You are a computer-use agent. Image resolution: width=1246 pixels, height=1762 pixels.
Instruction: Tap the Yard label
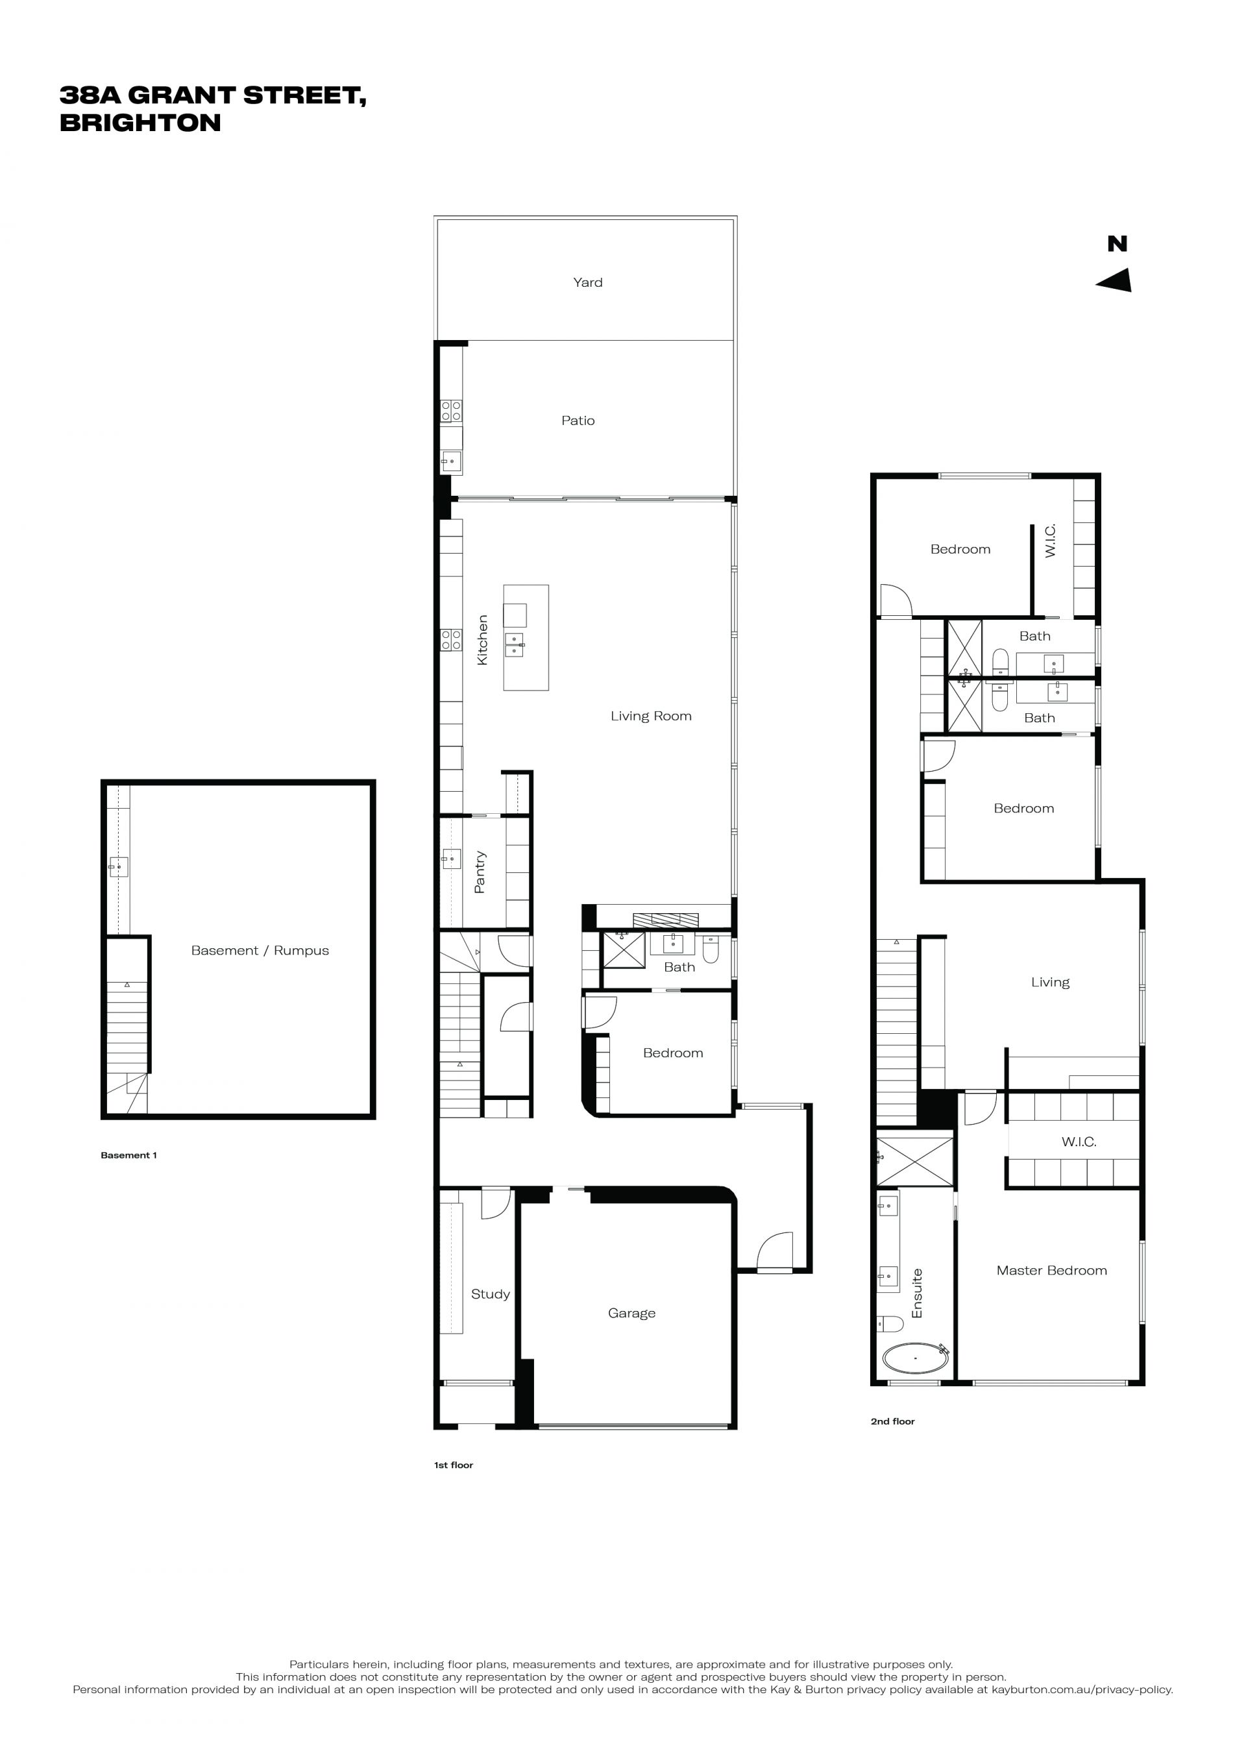pyautogui.click(x=588, y=282)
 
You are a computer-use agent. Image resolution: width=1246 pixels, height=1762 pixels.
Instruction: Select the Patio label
pyautogui.click(x=578, y=421)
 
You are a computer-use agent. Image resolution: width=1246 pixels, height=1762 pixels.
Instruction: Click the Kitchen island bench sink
pyautogui.click(x=514, y=644)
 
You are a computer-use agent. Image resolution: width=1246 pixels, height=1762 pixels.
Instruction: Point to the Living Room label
pyautogui.click(x=651, y=716)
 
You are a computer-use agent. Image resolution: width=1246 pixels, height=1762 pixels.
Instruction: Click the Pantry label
pyautogui.click(x=480, y=872)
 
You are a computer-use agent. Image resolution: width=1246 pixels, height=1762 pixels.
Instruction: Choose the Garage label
pyautogui.click(x=631, y=1313)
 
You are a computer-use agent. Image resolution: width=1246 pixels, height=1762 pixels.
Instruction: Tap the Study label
pyautogui.click(x=490, y=1294)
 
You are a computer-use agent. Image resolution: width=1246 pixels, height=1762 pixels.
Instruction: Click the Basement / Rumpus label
pyautogui.click(x=260, y=950)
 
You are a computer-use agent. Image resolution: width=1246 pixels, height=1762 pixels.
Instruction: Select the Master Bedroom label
pyautogui.click(x=1051, y=1270)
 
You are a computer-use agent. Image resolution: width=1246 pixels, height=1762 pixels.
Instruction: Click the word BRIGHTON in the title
pyautogui.click(x=140, y=123)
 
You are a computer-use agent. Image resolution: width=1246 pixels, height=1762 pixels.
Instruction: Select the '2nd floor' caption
pyautogui.click(x=892, y=1421)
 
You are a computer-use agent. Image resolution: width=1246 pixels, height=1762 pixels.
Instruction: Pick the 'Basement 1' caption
pyautogui.click(x=129, y=1155)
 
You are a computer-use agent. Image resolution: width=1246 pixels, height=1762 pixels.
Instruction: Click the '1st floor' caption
pyautogui.click(x=454, y=1465)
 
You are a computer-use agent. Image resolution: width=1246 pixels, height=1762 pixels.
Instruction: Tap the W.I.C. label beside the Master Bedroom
pyautogui.click(x=1079, y=1142)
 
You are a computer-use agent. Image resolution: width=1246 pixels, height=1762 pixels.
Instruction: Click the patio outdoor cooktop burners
pyautogui.click(x=451, y=411)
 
